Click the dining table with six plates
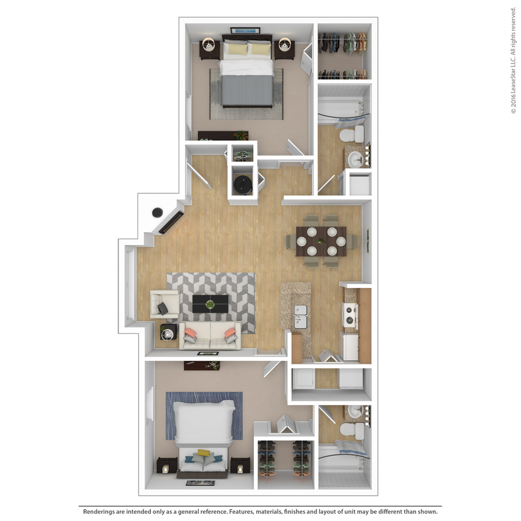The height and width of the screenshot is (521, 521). tap(321, 241)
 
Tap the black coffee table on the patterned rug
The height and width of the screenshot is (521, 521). tap(210, 304)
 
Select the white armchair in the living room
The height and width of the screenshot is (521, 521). tap(164, 304)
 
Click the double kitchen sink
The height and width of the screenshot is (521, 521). tap(301, 316)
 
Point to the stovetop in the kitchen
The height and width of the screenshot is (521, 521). tap(350, 314)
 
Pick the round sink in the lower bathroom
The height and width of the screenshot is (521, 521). tap(355, 411)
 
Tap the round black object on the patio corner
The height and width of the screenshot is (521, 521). tap(157, 212)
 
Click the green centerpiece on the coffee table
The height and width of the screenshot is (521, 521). tap(210, 305)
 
